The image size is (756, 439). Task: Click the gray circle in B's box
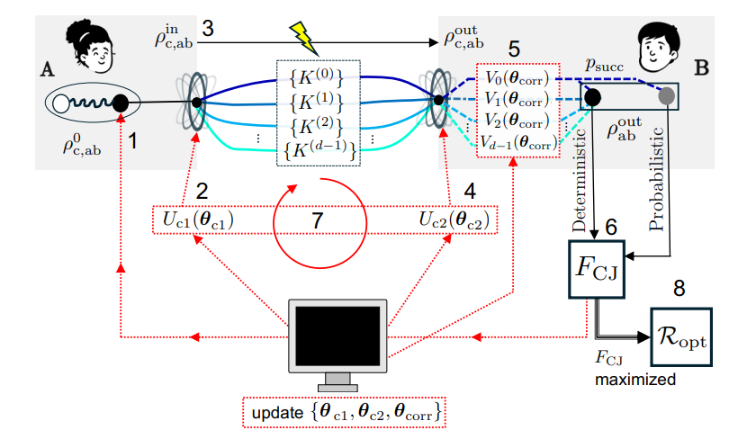pyautogui.click(x=667, y=94)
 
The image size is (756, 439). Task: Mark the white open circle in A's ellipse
pyautogui.click(x=64, y=106)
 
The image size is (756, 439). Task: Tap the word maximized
pyautogui.click(x=634, y=380)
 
